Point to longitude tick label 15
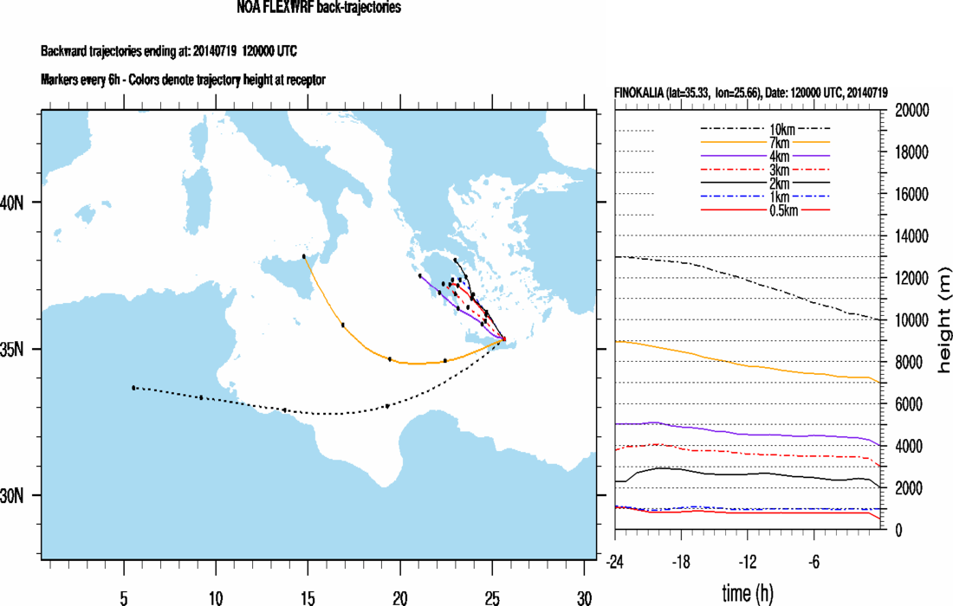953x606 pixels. pos(308,597)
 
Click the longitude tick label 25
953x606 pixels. pos(492,597)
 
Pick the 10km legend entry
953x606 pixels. pos(764,129)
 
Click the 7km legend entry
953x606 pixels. pos(764,141)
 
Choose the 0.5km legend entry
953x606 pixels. pos(764,209)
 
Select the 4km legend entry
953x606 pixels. pos(764,156)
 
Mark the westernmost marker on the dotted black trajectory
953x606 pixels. pos(133,388)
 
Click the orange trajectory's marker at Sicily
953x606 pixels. pos(304,257)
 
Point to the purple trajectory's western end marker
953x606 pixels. pos(420,275)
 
